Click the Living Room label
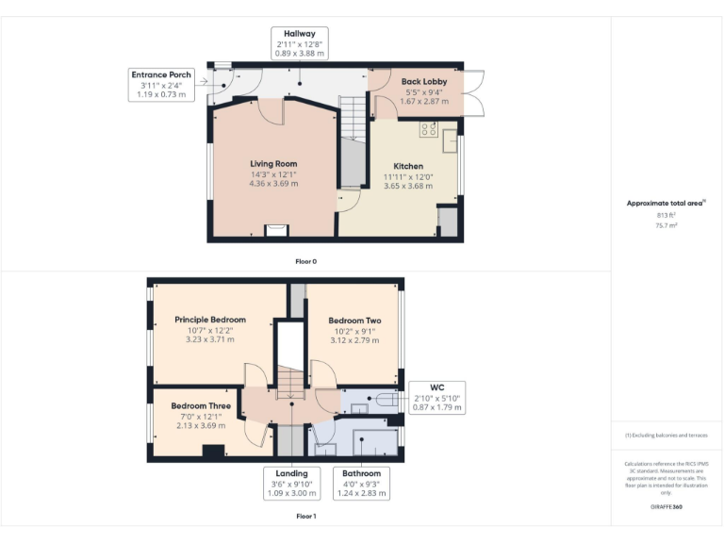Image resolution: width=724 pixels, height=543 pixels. point(273,164)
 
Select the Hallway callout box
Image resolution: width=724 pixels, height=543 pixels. point(299,43)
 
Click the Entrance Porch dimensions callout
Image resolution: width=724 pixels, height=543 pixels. point(161,84)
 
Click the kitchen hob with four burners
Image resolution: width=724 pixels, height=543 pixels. point(428,128)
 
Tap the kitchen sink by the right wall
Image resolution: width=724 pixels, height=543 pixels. point(451,144)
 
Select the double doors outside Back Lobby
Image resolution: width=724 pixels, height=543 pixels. point(474,92)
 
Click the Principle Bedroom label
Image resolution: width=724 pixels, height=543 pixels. point(210,320)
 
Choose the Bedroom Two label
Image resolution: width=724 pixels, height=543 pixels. point(354,321)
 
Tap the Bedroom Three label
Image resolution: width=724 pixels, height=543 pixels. point(200,405)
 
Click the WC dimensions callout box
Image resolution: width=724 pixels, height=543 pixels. point(436,398)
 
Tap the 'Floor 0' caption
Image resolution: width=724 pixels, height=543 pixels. point(305,259)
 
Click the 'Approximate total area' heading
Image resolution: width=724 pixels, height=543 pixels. point(666,204)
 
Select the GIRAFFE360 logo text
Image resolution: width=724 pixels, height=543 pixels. point(666,507)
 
